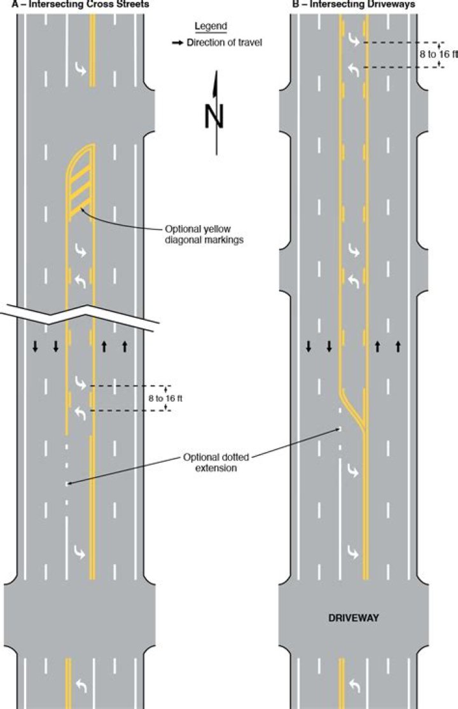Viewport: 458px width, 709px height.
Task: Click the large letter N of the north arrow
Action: pos(214,116)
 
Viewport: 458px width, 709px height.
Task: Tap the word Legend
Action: pos(211,26)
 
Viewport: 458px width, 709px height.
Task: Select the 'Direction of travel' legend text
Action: pos(225,43)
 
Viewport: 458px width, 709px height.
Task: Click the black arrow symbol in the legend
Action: pos(177,43)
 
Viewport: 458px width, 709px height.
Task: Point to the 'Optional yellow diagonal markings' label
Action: pos(204,234)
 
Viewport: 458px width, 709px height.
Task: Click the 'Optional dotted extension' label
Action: pos(216,462)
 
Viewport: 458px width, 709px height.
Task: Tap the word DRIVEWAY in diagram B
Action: pos(354,617)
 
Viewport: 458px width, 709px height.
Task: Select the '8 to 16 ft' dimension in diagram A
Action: pos(165,398)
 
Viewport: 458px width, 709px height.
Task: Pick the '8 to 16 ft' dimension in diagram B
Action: pos(438,54)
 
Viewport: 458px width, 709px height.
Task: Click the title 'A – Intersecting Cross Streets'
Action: pos(80,4)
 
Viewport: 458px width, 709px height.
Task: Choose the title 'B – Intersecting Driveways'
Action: pos(354,4)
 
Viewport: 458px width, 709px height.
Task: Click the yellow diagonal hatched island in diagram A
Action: pos(81,181)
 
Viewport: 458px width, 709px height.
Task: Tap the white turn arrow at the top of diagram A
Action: pos(81,69)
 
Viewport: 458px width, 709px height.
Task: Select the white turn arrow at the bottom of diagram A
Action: pos(81,685)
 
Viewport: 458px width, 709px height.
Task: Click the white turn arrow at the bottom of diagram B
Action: pos(354,685)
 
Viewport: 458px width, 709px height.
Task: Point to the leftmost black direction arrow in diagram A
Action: pos(35,347)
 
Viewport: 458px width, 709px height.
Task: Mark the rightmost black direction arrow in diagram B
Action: pos(398,347)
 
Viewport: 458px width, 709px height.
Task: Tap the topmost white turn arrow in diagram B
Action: pos(354,41)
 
